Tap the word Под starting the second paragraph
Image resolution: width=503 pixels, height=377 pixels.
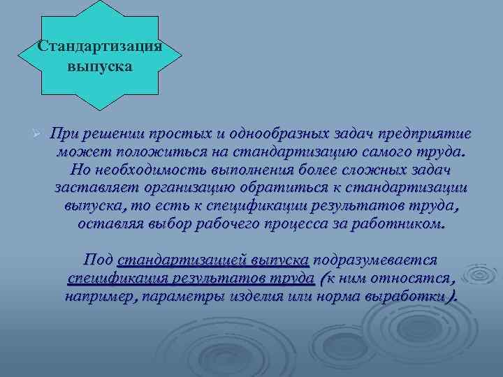[98, 260]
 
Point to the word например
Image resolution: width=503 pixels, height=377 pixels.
[96, 296]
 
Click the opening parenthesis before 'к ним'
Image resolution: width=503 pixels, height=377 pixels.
[322, 278]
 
